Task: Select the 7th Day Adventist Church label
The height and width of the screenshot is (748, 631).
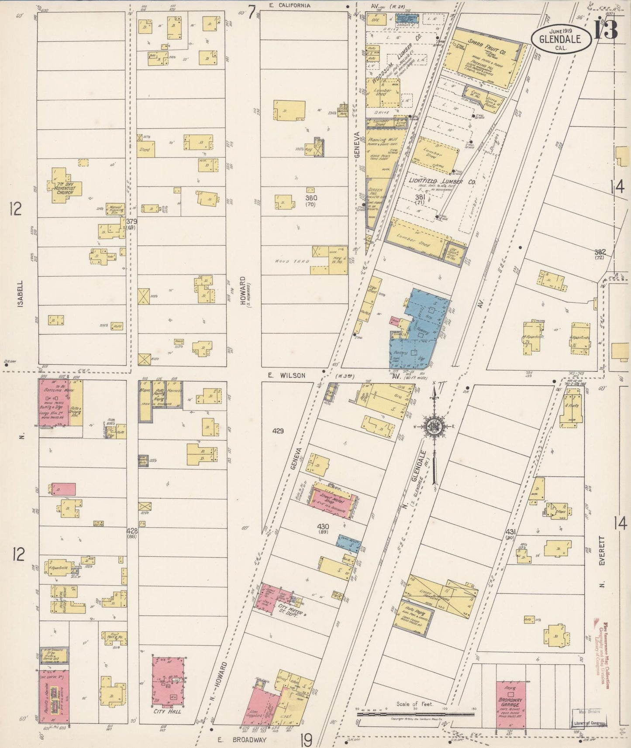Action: (x=66, y=188)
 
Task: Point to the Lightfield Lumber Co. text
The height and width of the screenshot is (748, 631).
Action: (x=441, y=181)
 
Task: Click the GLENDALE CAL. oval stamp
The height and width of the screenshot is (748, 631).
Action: (x=561, y=39)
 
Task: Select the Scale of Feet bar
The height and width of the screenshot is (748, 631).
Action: (x=415, y=714)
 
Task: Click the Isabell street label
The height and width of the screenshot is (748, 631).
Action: (x=21, y=294)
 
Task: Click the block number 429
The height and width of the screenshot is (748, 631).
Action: (x=278, y=431)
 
